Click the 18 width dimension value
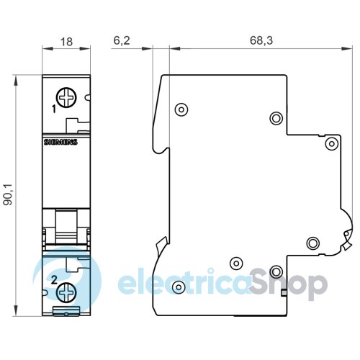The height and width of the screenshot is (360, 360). pyautogui.click(x=66, y=42)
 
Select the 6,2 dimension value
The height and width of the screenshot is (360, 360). pyautogui.click(x=122, y=40)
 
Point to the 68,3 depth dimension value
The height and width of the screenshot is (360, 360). pyautogui.click(x=261, y=40)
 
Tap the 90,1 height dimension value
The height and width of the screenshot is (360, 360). pyautogui.click(x=7, y=194)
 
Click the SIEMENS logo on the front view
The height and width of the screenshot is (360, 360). pyautogui.click(x=60, y=142)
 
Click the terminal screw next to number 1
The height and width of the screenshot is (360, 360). pyautogui.click(x=66, y=98)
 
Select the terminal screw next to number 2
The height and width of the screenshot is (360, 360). pyautogui.click(x=66, y=292)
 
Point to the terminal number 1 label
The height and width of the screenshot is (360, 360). pyautogui.click(x=54, y=109)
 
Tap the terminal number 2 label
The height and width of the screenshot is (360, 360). pyautogui.click(x=55, y=280)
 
